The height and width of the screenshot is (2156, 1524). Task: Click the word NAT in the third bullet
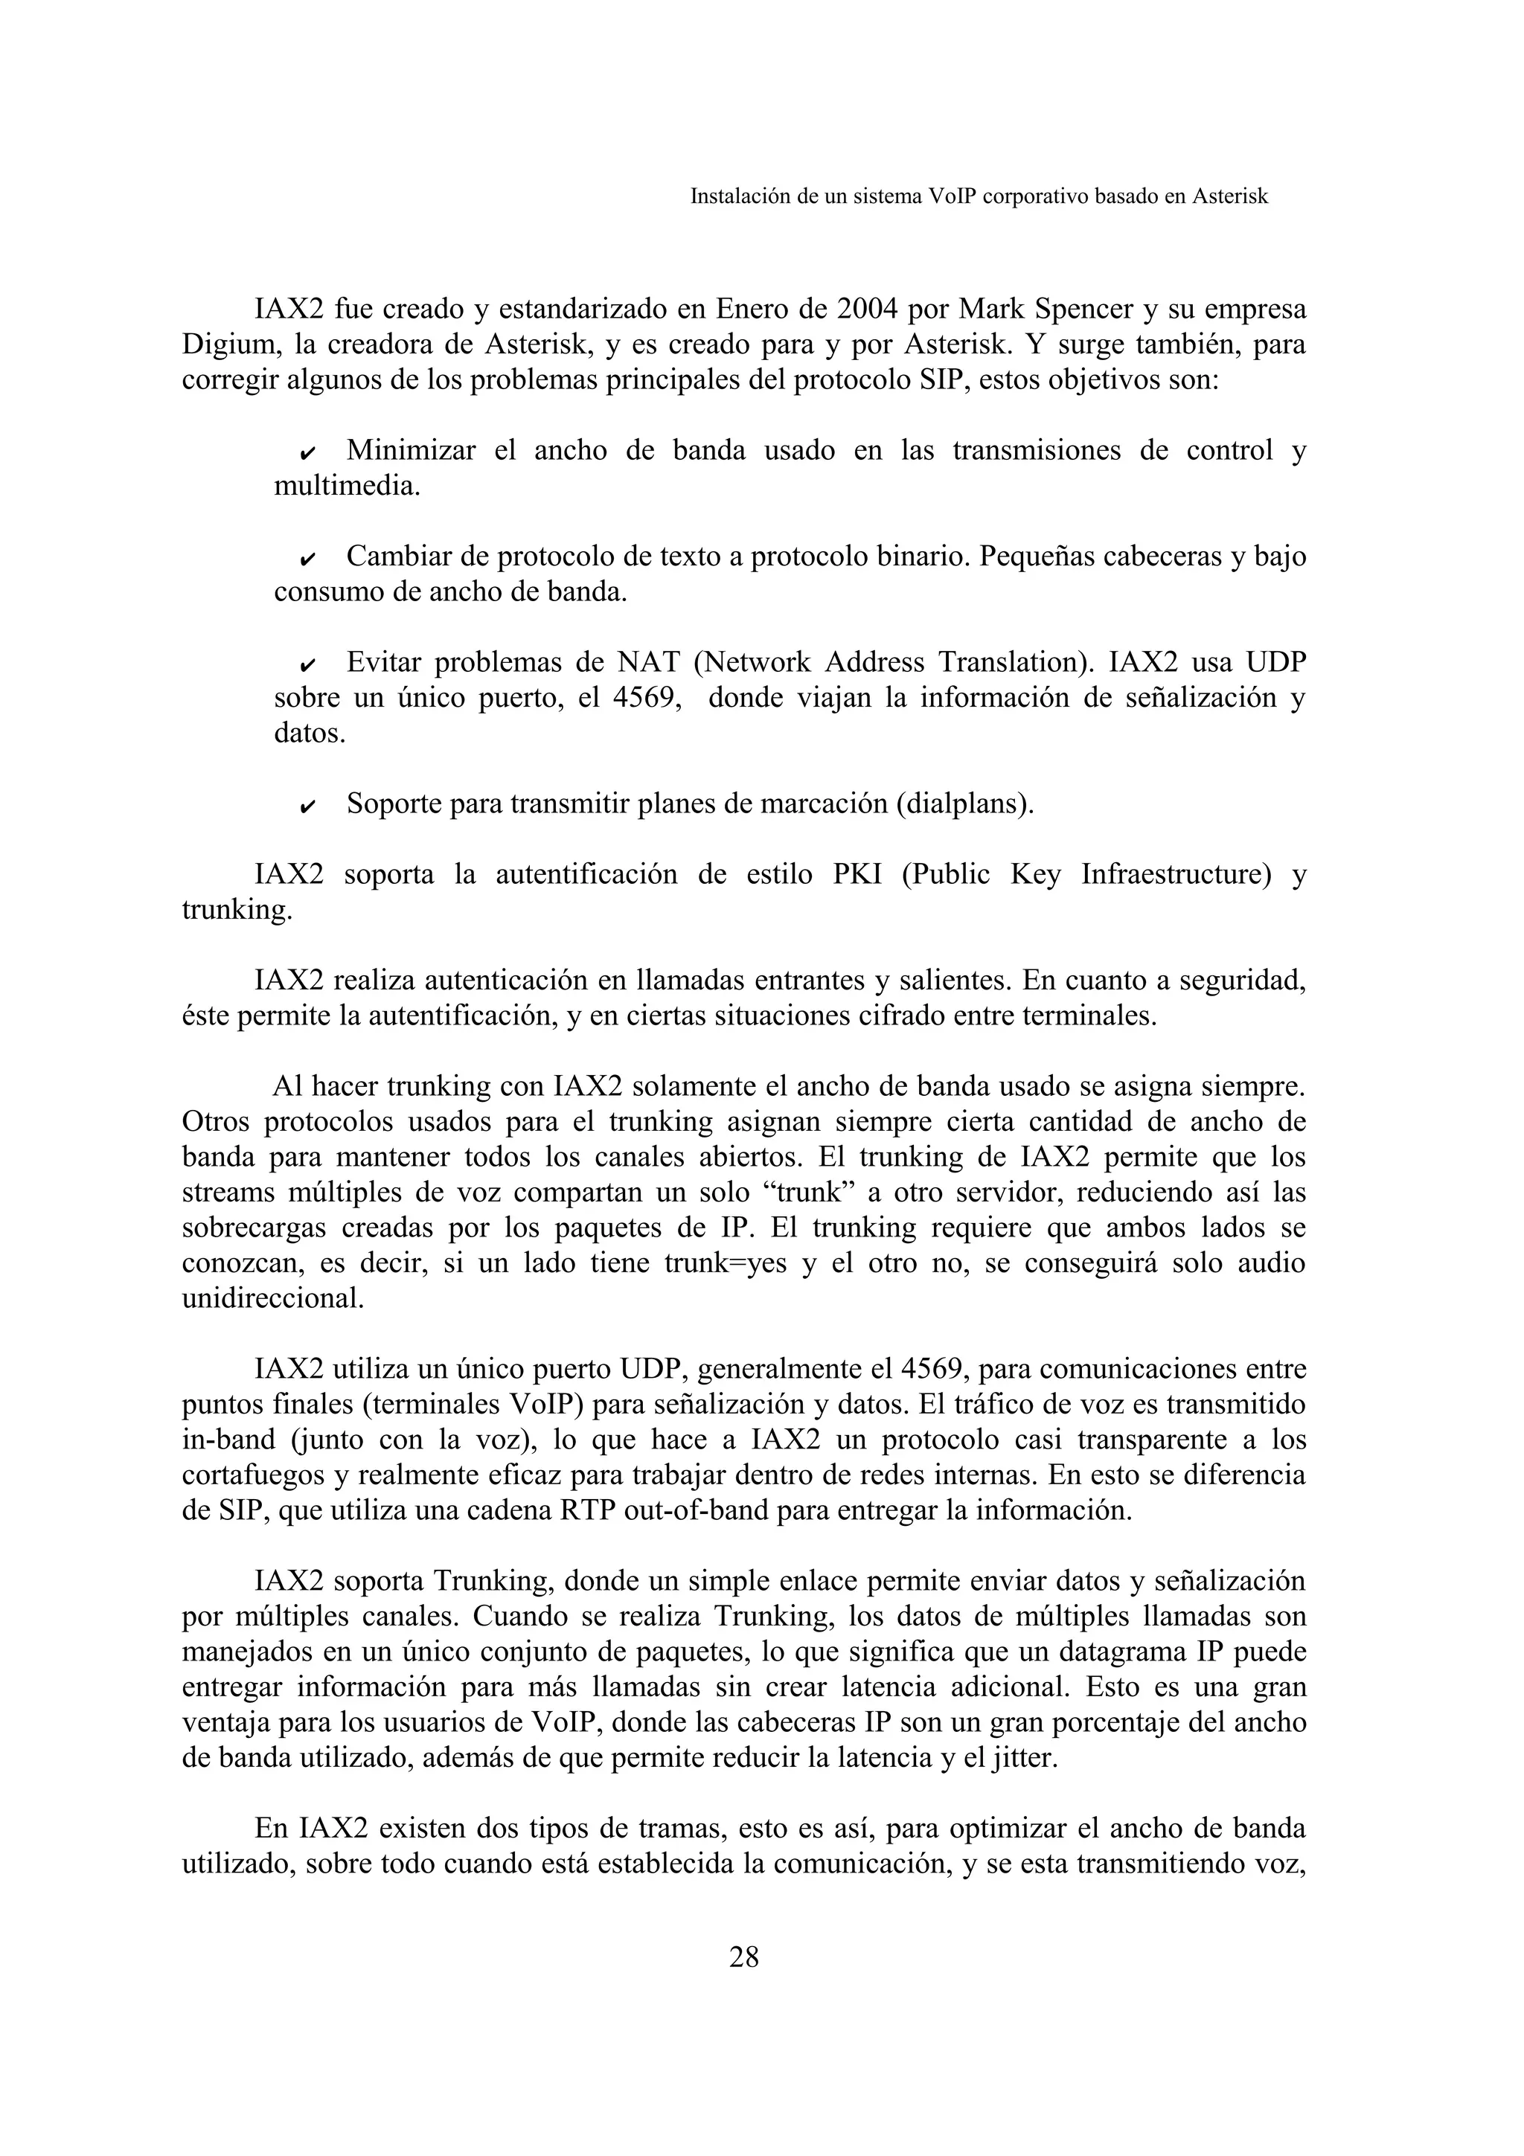(649, 663)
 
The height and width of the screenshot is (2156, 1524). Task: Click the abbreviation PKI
(857, 875)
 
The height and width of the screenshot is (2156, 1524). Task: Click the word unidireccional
(272, 1300)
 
